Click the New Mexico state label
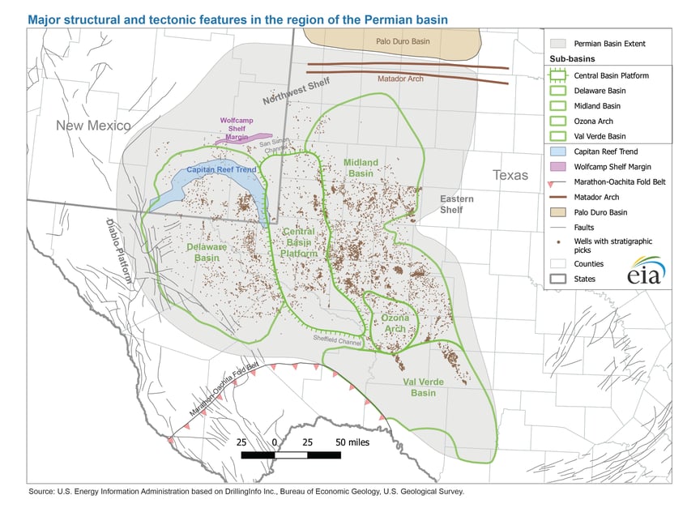click(x=93, y=126)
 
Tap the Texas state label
click(x=510, y=175)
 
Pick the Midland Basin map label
click(x=361, y=168)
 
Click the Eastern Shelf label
click(x=452, y=204)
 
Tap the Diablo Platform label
click(x=121, y=251)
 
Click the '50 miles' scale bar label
click(x=352, y=442)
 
